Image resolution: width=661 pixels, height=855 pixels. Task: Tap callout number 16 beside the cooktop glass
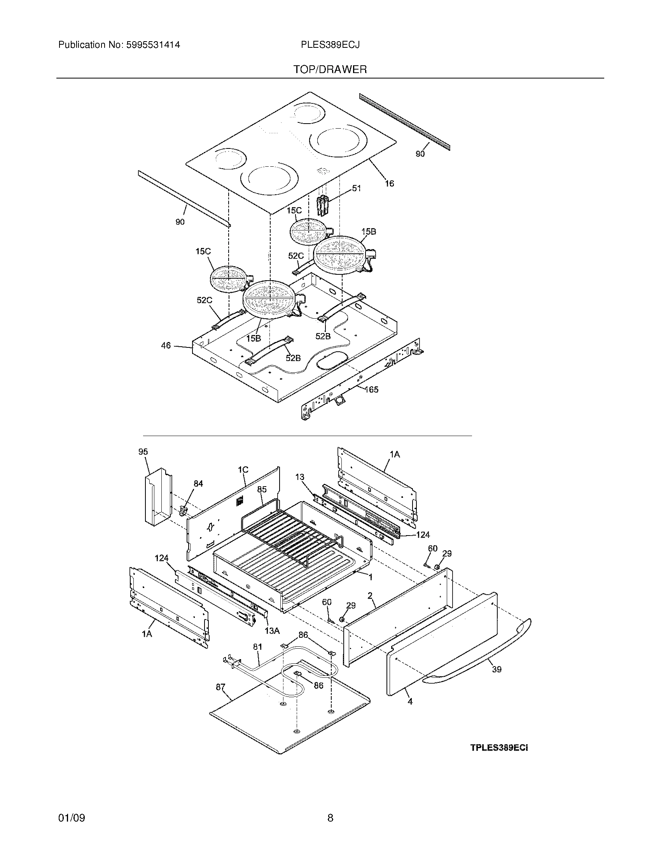click(389, 183)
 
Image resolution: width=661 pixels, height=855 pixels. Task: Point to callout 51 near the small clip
click(356, 188)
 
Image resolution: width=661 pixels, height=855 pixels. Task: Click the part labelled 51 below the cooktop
click(322, 206)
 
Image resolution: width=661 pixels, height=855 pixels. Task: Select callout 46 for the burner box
click(166, 345)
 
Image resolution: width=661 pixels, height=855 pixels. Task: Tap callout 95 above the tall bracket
click(143, 452)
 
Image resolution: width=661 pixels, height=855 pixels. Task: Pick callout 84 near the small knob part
click(198, 483)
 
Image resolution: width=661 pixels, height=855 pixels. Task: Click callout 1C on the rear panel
click(243, 469)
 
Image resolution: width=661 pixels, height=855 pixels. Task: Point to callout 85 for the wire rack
click(262, 489)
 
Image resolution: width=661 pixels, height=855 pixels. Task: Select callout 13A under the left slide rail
click(272, 631)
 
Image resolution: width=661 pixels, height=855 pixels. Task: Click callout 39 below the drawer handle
click(497, 670)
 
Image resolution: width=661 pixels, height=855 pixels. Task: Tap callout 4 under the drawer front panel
click(409, 702)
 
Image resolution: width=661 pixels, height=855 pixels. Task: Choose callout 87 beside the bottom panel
click(220, 687)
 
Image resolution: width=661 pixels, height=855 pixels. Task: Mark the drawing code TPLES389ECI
click(499, 748)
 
